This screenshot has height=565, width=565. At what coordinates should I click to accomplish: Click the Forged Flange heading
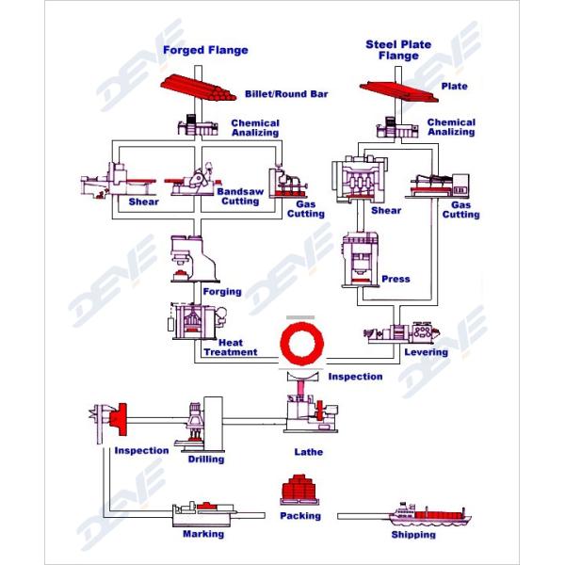[x=205, y=50]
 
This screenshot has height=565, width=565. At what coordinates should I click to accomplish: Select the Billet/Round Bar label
[x=282, y=95]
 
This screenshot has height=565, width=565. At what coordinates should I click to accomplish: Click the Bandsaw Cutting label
[x=238, y=196]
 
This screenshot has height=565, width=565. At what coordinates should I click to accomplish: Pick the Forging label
[x=222, y=292]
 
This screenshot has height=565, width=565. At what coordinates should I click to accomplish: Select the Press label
[x=396, y=279]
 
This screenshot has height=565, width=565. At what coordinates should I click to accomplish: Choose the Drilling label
[x=205, y=460]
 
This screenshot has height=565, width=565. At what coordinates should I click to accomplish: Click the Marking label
[x=203, y=534]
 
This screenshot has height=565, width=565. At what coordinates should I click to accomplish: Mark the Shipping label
[x=414, y=535]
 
